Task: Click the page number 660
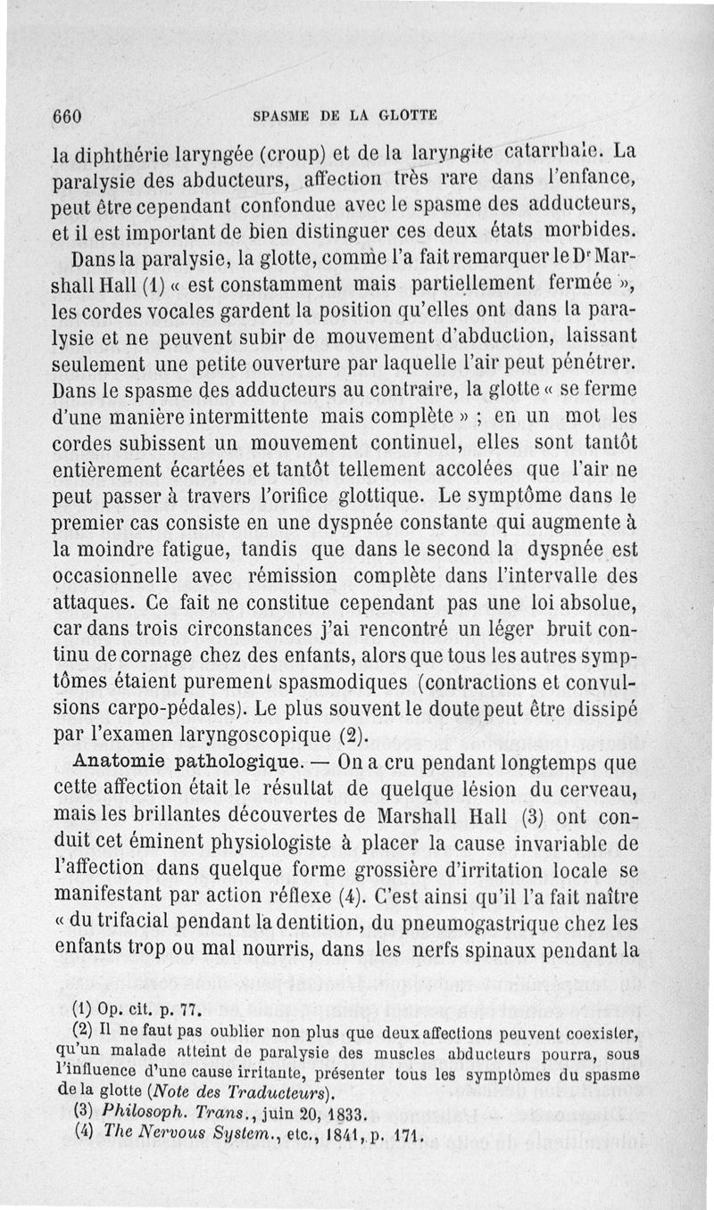[x=67, y=116]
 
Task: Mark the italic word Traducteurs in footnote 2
[x=281, y=1094]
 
